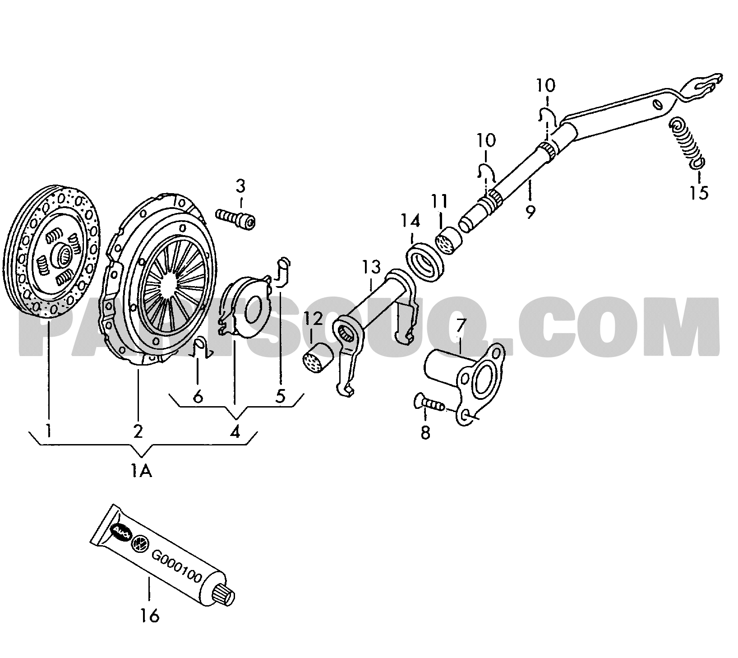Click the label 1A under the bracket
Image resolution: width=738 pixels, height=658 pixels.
(x=142, y=472)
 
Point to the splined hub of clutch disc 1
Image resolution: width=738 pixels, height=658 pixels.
(x=63, y=257)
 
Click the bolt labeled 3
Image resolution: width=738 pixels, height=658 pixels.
(x=235, y=218)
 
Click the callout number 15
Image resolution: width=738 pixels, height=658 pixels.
(x=698, y=193)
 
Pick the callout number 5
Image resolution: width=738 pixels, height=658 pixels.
(x=280, y=396)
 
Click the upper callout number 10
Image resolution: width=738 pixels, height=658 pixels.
(x=546, y=85)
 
